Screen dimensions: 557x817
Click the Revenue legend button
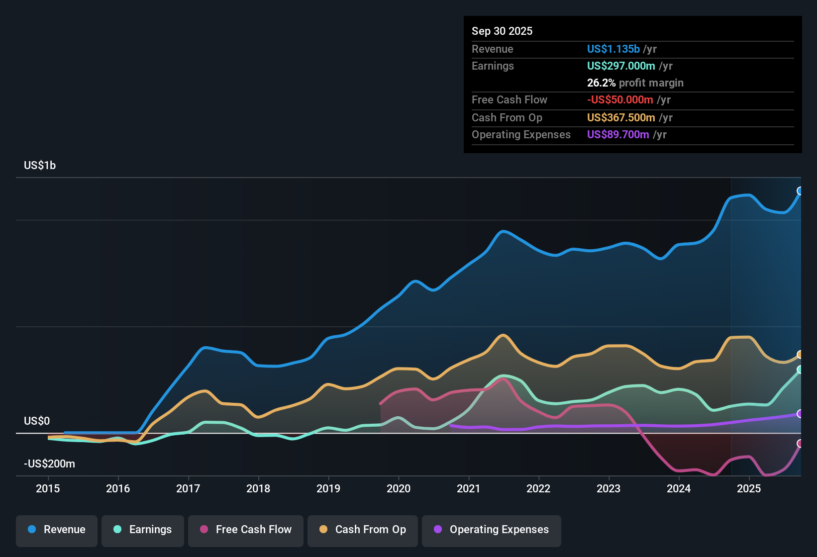click(57, 530)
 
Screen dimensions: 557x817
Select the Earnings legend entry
click(143, 530)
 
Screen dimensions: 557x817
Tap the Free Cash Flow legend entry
click(246, 530)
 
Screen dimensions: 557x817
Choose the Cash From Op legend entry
click(363, 530)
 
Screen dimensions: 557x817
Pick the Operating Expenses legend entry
click(492, 530)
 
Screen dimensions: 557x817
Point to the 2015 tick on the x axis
click(48, 488)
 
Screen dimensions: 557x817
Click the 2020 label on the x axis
click(399, 488)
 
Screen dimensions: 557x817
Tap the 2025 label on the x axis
click(749, 488)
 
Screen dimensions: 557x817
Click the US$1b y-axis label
click(40, 166)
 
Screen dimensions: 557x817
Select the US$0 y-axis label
click(37, 421)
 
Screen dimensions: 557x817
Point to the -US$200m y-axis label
click(49, 464)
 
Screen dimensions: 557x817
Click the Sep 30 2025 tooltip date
click(502, 31)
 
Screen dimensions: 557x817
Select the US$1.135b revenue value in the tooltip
click(613, 49)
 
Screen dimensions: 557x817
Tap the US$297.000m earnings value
click(620, 66)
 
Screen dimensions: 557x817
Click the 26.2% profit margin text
click(635, 83)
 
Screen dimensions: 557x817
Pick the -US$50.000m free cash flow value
click(619, 100)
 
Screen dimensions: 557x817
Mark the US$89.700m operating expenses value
click(617, 135)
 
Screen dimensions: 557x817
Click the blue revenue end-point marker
click(800, 191)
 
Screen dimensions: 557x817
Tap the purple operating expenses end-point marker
click(800, 414)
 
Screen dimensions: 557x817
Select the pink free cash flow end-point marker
click(800, 444)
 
